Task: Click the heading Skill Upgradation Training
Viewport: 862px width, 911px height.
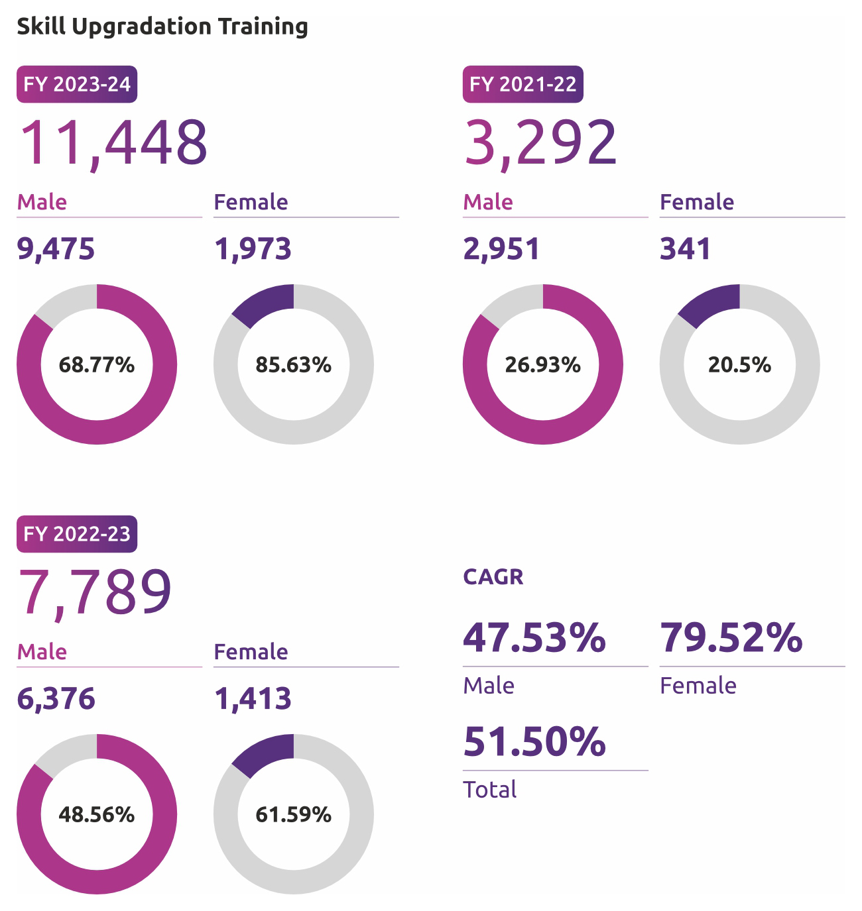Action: (162, 27)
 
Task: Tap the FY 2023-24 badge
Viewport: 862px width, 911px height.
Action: (77, 84)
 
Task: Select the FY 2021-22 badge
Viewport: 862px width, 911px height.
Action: (523, 84)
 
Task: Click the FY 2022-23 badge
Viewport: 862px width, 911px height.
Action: (77, 534)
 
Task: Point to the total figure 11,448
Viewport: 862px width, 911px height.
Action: (113, 142)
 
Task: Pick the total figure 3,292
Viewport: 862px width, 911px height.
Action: (540, 142)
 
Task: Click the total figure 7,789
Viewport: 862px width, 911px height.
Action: (95, 592)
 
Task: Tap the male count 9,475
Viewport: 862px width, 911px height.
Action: (56, 249)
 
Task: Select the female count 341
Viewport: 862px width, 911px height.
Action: (685, 249)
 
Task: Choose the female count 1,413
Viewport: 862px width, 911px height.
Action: (253, 699)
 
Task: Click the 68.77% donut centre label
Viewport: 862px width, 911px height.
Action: (97, 364)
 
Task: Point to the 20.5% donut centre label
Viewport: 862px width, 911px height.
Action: (739, 364)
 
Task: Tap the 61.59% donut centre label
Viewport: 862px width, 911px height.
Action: (293, 814)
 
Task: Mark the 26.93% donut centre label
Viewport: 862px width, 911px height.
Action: (542, 364)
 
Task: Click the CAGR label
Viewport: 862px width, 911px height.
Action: (493, 577)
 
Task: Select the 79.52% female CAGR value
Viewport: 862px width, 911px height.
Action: (731, 637)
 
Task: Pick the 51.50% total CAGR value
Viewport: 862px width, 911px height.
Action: (534, 741)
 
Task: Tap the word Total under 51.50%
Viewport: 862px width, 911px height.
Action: (489, 790)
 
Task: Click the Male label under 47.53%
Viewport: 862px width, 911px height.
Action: (489, 686)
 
